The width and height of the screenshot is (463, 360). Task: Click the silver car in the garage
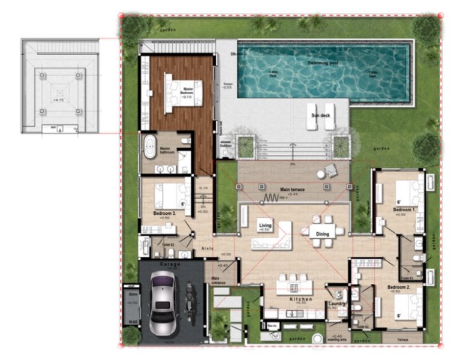[164, 304]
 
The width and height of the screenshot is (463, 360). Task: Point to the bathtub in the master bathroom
[149, 145]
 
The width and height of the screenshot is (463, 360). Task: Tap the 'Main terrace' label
[293, 190]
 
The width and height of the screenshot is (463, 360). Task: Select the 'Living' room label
[265, 226]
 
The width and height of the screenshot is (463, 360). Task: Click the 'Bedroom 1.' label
[405, 209]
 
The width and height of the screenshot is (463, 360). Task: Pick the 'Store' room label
[131, 295]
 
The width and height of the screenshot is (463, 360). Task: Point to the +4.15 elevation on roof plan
[59, 100]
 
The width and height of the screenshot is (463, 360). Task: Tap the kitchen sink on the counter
[294, 313]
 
